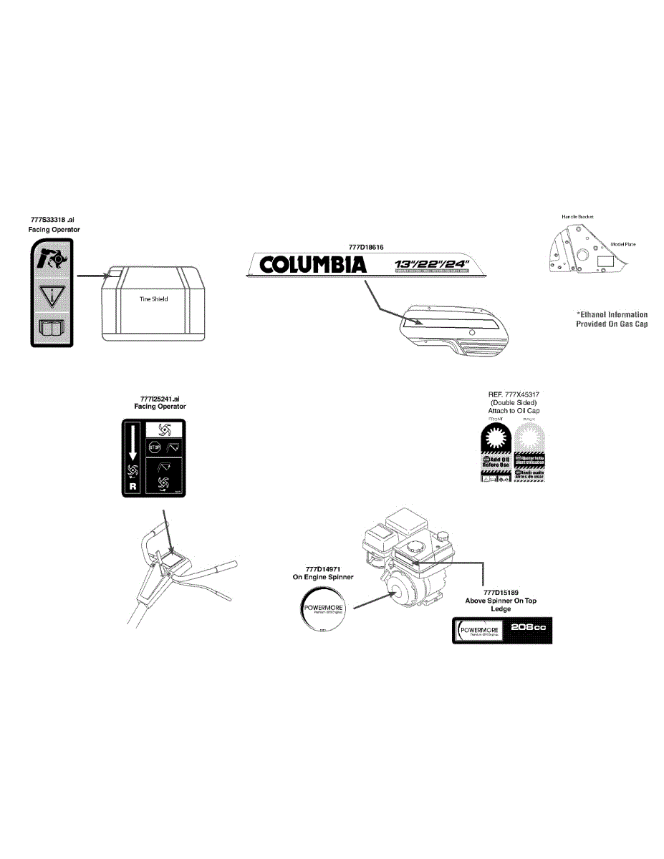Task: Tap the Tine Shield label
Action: coord(153,299)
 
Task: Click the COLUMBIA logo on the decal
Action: coord(313,266)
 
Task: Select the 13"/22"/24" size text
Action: coord(432,263)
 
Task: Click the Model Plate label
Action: coord(623,244)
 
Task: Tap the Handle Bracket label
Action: coord(577,216)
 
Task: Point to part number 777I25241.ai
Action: coord(160,399)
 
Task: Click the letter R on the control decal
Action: coord(132,487)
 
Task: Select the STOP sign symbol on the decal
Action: coord(153,448)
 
